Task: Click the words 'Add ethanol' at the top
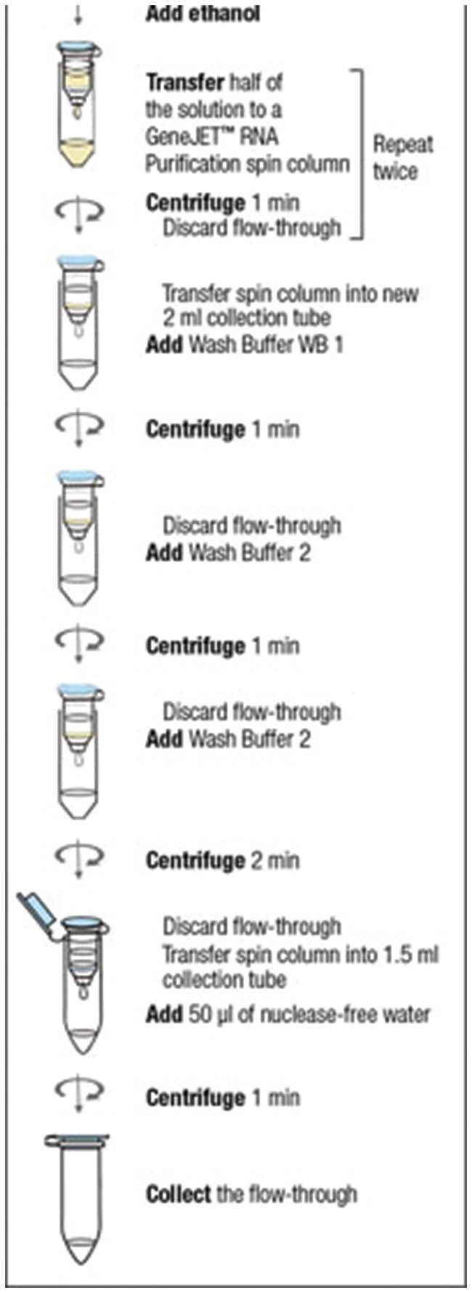click(203, 14)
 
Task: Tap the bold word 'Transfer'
click(185, 82)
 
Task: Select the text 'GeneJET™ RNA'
click(211, 136)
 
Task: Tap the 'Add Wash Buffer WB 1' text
click(244, 344)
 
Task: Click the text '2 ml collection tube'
click(246, 318)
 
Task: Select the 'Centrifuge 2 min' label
click(222, 861)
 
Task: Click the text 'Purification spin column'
click(247, 163)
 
